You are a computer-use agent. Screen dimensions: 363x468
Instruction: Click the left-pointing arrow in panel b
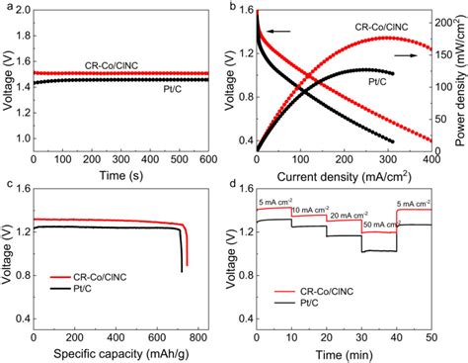(278, 32)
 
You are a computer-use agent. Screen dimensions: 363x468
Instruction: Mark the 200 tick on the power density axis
(444, 21)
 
